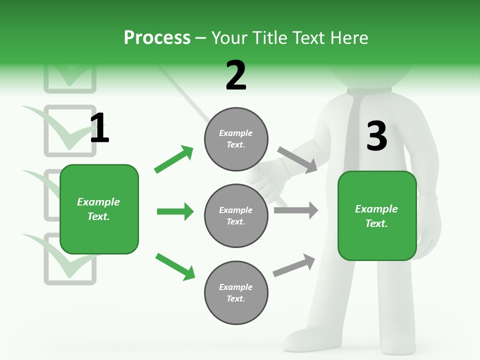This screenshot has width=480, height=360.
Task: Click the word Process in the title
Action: tap(157, 38)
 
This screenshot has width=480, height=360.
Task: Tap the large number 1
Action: tap(99, 128)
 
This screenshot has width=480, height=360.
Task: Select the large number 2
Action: tap(236, 75)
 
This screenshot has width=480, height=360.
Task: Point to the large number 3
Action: tap(376, 136)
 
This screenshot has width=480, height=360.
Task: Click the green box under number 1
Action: tap(99, 209)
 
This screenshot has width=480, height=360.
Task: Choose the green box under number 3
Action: tap(377, 216)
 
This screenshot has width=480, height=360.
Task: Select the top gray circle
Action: tap(236, 139)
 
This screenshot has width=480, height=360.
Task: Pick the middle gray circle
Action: tap(236, 215)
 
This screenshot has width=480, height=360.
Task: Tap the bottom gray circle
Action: tap(236, 292)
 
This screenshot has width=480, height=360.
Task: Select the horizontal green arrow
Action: tap(175, 211)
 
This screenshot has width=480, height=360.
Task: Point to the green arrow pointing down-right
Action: tap(175, 266)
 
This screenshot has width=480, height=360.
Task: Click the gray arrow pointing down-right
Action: tap(297, 159)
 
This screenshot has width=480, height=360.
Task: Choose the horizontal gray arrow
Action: tap(295, 210)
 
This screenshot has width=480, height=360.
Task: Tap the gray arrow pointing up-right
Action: tap(294, 265)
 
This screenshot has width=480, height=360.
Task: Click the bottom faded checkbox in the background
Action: tap(70, 260)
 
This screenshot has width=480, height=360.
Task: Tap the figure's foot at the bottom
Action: tap(305, 340)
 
